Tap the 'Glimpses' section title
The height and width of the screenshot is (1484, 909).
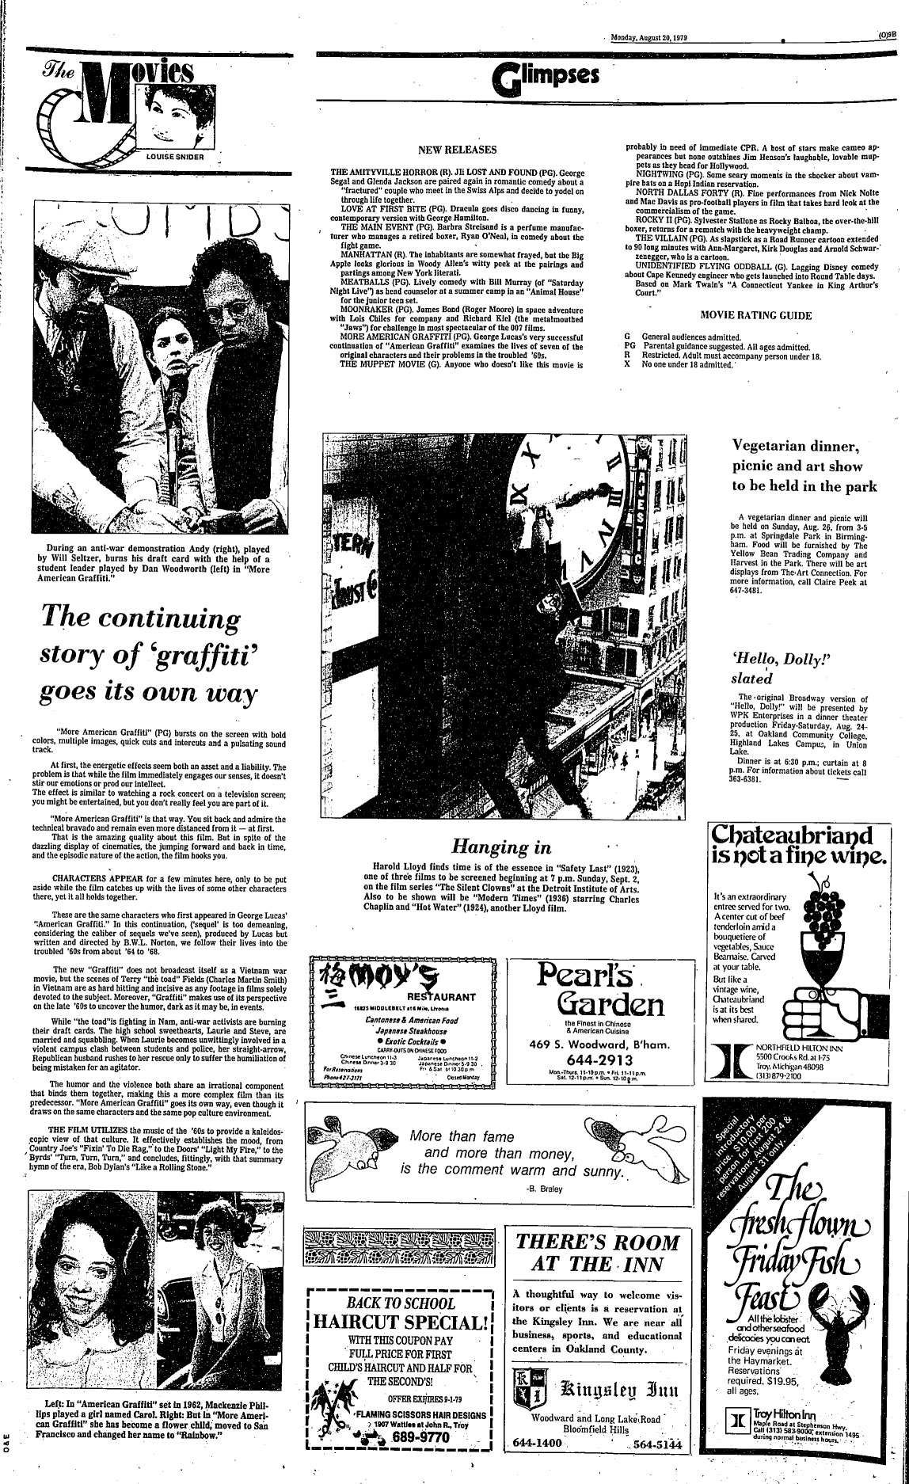coord(545,76)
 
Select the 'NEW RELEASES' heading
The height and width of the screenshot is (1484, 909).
coord(457,150)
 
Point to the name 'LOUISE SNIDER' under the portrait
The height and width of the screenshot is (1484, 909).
coord(175,156)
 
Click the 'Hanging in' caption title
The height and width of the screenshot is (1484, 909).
coord(501,847)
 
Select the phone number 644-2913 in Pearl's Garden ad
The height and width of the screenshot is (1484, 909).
coord(598,1060)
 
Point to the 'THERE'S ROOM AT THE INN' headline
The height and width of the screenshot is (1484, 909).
coord(598,1253)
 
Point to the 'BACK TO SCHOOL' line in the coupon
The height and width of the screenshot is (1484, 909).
coord(402,1303)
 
